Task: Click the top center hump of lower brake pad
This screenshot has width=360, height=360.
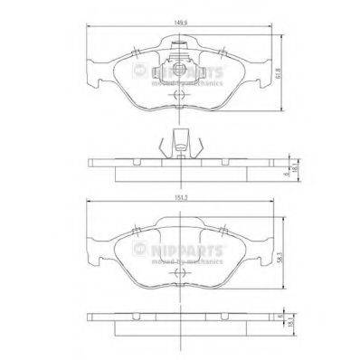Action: coord(180,223)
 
